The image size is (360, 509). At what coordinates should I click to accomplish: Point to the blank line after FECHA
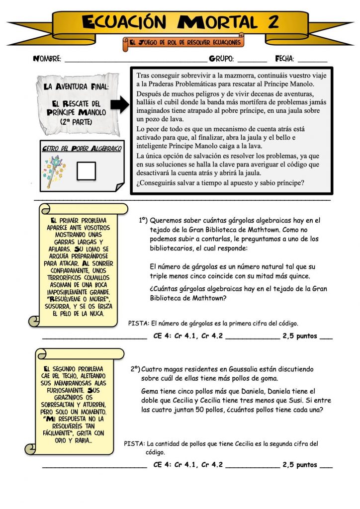tap(312, 61)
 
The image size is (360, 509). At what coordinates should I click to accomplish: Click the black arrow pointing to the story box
tap(119, 105)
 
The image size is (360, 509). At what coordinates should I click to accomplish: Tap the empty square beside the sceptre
tap(87, 170)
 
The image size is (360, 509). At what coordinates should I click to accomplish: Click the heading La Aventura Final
tap(73, 86)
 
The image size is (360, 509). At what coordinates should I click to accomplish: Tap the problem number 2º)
tap(135, 369)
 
